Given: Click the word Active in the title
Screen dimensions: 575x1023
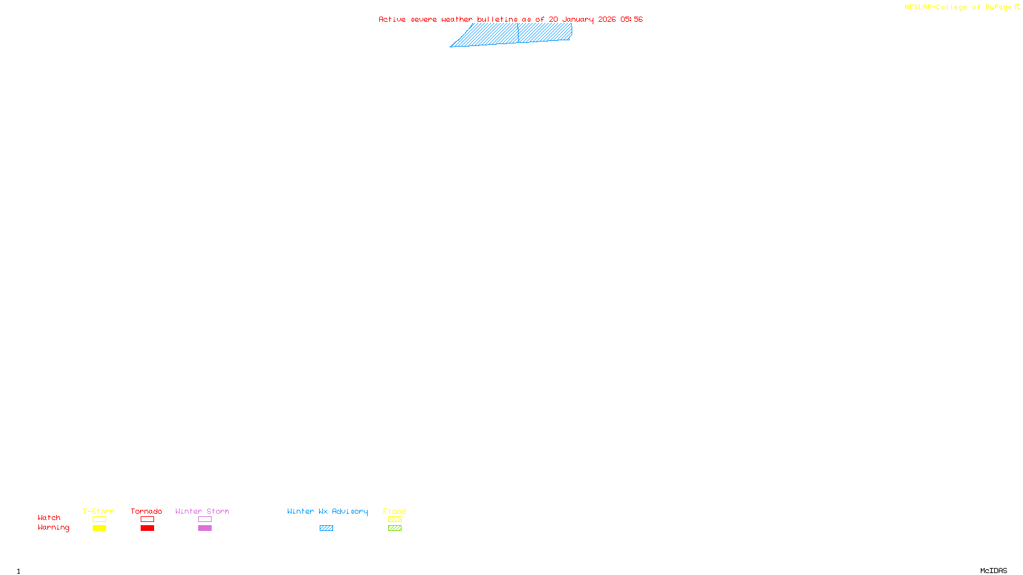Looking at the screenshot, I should [x=392, y=19].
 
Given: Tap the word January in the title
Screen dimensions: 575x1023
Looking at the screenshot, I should [x=577, y=19].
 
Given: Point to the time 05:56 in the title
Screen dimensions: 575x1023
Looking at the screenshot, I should [x=631, y=19].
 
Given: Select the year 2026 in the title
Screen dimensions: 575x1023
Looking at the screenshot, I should [x=607, y=19].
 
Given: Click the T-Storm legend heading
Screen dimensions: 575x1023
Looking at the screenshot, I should [x=98, y=511].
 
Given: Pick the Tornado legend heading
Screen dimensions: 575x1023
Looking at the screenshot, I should [x=146, y=511].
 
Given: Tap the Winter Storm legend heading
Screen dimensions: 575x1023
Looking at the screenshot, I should [x=202, y=511].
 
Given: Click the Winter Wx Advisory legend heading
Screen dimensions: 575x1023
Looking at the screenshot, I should [x=327, y=511].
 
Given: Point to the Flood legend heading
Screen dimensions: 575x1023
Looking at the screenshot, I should [x=394, y=511].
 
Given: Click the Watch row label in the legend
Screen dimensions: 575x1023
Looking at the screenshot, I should [x=49, y=517].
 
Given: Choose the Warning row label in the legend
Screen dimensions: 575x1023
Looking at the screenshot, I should [x=53, y=528].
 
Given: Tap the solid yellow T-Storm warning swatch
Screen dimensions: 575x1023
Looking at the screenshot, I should [x=99, y=528].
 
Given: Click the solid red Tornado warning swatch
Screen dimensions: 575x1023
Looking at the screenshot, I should [x=147, y=528].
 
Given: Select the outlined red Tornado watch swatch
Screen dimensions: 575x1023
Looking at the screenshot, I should [x=147, y=519].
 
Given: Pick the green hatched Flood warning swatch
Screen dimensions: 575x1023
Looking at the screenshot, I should [x=394, y=528].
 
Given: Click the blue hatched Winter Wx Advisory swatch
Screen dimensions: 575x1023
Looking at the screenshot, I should [x=326, y=528].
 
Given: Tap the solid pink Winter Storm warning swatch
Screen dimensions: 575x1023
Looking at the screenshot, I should [x=205, y=528].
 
